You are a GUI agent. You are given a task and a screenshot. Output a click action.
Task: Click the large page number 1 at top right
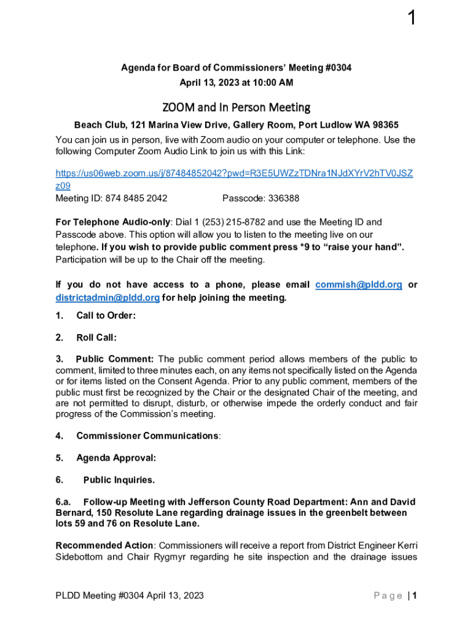(411, 19)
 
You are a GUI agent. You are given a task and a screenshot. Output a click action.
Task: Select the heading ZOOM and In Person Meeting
(237, 107)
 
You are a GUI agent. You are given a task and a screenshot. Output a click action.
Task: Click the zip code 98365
(384, 125)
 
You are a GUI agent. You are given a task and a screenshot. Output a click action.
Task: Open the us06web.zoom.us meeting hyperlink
(234, 173)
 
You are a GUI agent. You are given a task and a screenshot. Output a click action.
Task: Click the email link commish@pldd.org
(359, 285)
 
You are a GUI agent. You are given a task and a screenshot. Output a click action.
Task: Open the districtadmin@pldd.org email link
(107, 298)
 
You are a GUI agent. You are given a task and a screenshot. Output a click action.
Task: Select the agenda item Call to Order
(106, 316)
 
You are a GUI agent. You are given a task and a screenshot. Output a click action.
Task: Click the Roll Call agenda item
(96, 337)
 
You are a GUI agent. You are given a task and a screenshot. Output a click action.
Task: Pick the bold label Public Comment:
(115, 359)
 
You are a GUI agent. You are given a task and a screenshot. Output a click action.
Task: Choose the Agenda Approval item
(115, 458)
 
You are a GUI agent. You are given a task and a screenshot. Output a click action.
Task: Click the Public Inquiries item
(119, 480)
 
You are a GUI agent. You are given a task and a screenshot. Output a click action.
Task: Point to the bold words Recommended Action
(104, 545)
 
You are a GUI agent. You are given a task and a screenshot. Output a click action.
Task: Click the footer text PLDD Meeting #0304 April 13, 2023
(130, 595)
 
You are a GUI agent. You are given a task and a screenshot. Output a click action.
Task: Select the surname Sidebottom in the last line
(82, 557)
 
